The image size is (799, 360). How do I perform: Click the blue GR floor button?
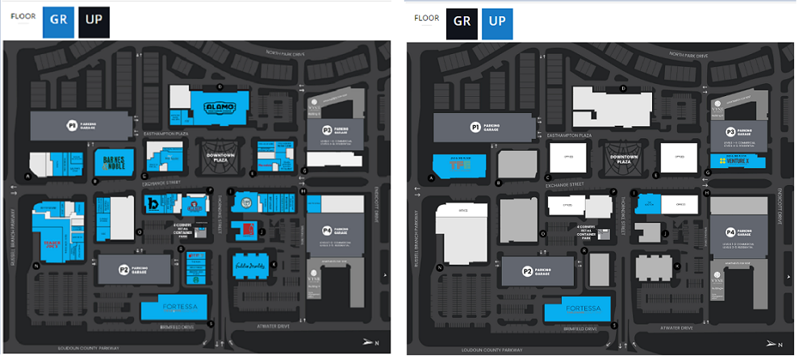pos(58,20)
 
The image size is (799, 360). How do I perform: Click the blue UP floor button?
pos(497,21)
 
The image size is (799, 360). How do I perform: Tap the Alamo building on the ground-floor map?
pos(214,106)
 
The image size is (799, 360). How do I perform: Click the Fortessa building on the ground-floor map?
pos(174,307)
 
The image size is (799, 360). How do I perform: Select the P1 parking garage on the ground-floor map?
pos(80,125)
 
